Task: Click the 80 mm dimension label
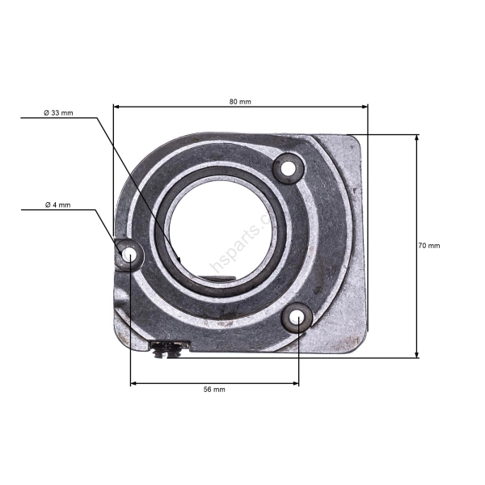[240, 102]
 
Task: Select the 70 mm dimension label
[429, 246]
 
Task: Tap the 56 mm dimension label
[214, 390]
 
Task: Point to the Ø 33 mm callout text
[58, 113]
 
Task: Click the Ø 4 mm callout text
[57, 205]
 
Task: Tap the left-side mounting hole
[129, 255]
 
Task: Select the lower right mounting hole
[298, 319]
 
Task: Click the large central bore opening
[224, 228]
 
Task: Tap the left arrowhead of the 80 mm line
[116, 106]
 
